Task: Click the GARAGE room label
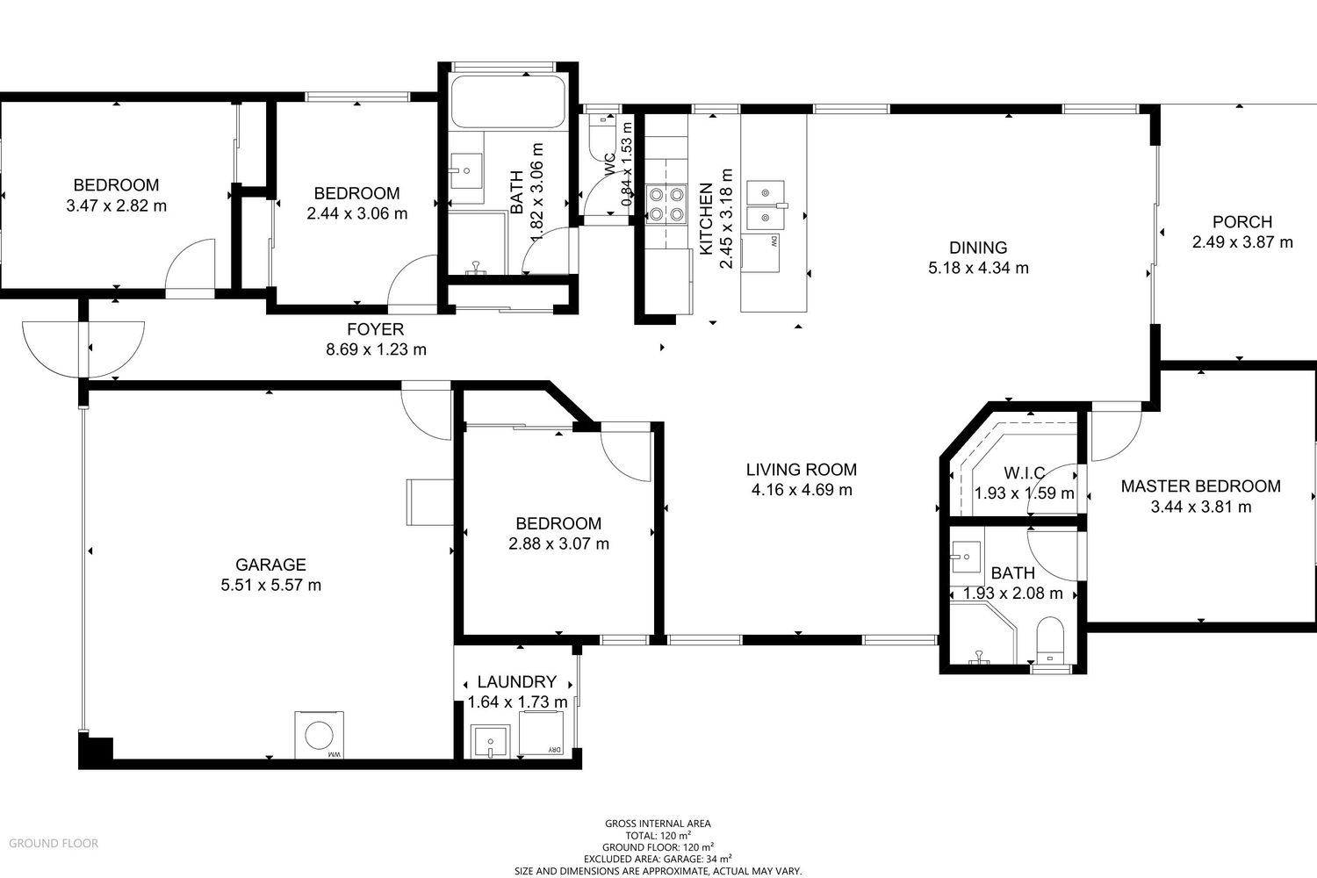(270, 565)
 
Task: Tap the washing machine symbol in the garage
(320, 735)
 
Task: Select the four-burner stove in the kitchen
(666, 204)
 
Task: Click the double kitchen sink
(766, 205)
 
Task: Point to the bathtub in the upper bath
(508, 101)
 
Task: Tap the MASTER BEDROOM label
(1200, 486)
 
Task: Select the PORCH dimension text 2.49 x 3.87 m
(1242, 242)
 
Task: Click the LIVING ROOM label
(802, 469)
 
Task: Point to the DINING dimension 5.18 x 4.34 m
(978, 268)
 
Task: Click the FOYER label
(375, 329)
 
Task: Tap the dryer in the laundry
(541, 732)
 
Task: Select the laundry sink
(490, 742)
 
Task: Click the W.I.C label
(1025, 473)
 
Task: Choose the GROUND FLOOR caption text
(54, 843)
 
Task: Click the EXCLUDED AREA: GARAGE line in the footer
(658, 860)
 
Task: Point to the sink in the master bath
(966, 557)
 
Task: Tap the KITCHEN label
(706, 219)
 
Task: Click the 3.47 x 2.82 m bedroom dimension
(117, 205)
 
